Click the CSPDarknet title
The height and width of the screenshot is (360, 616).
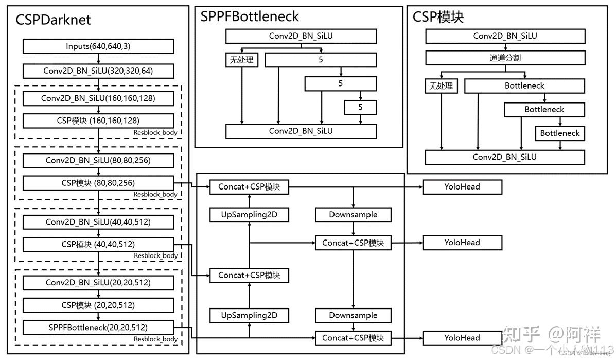click(53, 20)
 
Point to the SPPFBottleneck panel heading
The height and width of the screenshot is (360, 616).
click(250, 16)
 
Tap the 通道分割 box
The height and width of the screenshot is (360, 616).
click(505, 58)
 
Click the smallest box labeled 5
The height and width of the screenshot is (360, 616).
click(360, 107)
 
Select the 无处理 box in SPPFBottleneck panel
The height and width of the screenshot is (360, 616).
click(241, 60)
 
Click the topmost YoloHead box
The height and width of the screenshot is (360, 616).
click(462, 187)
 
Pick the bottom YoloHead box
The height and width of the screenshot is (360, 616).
click(462, 338)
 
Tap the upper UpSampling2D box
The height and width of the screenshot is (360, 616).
click(249, 215)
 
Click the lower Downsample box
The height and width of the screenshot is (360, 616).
click(353, 315)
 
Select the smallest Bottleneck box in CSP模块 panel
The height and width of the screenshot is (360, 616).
click(560, 133)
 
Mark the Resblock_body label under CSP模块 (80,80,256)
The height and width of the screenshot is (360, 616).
click(155, 195)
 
